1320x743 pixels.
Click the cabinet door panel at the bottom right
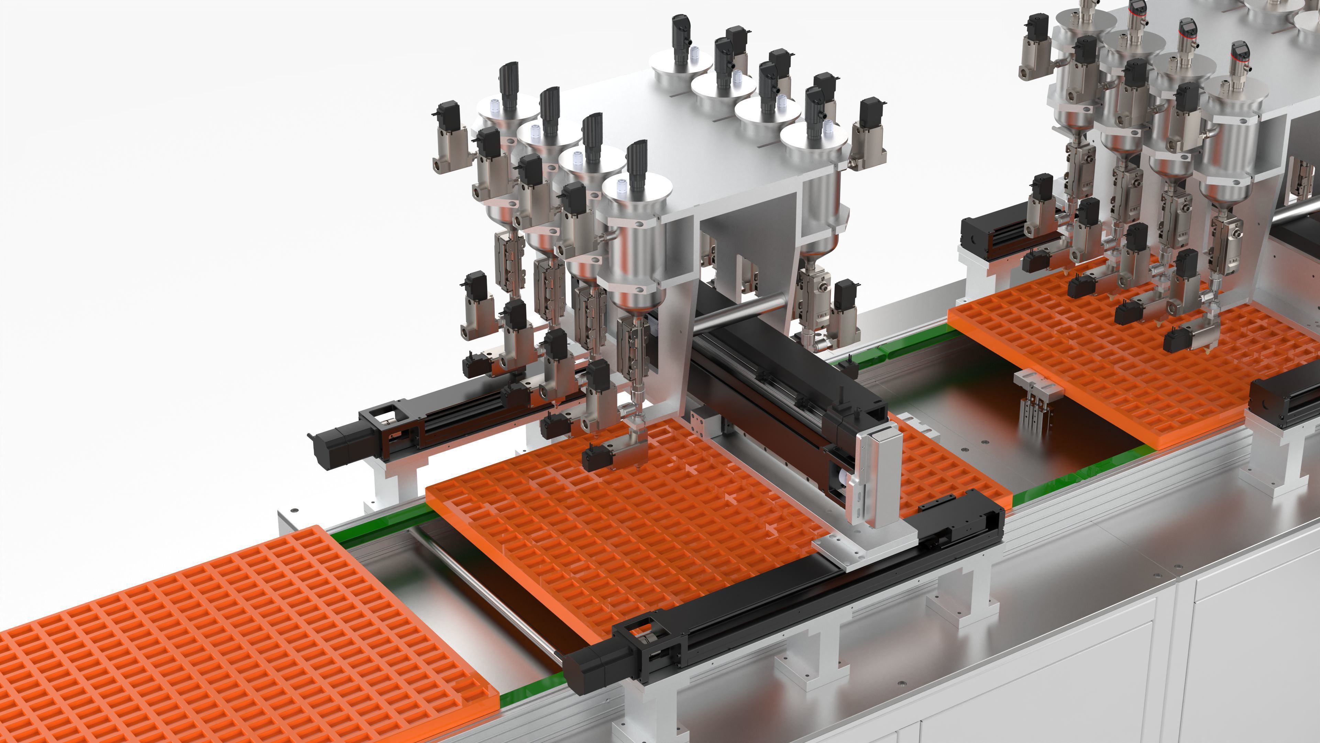pos(1255,667)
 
